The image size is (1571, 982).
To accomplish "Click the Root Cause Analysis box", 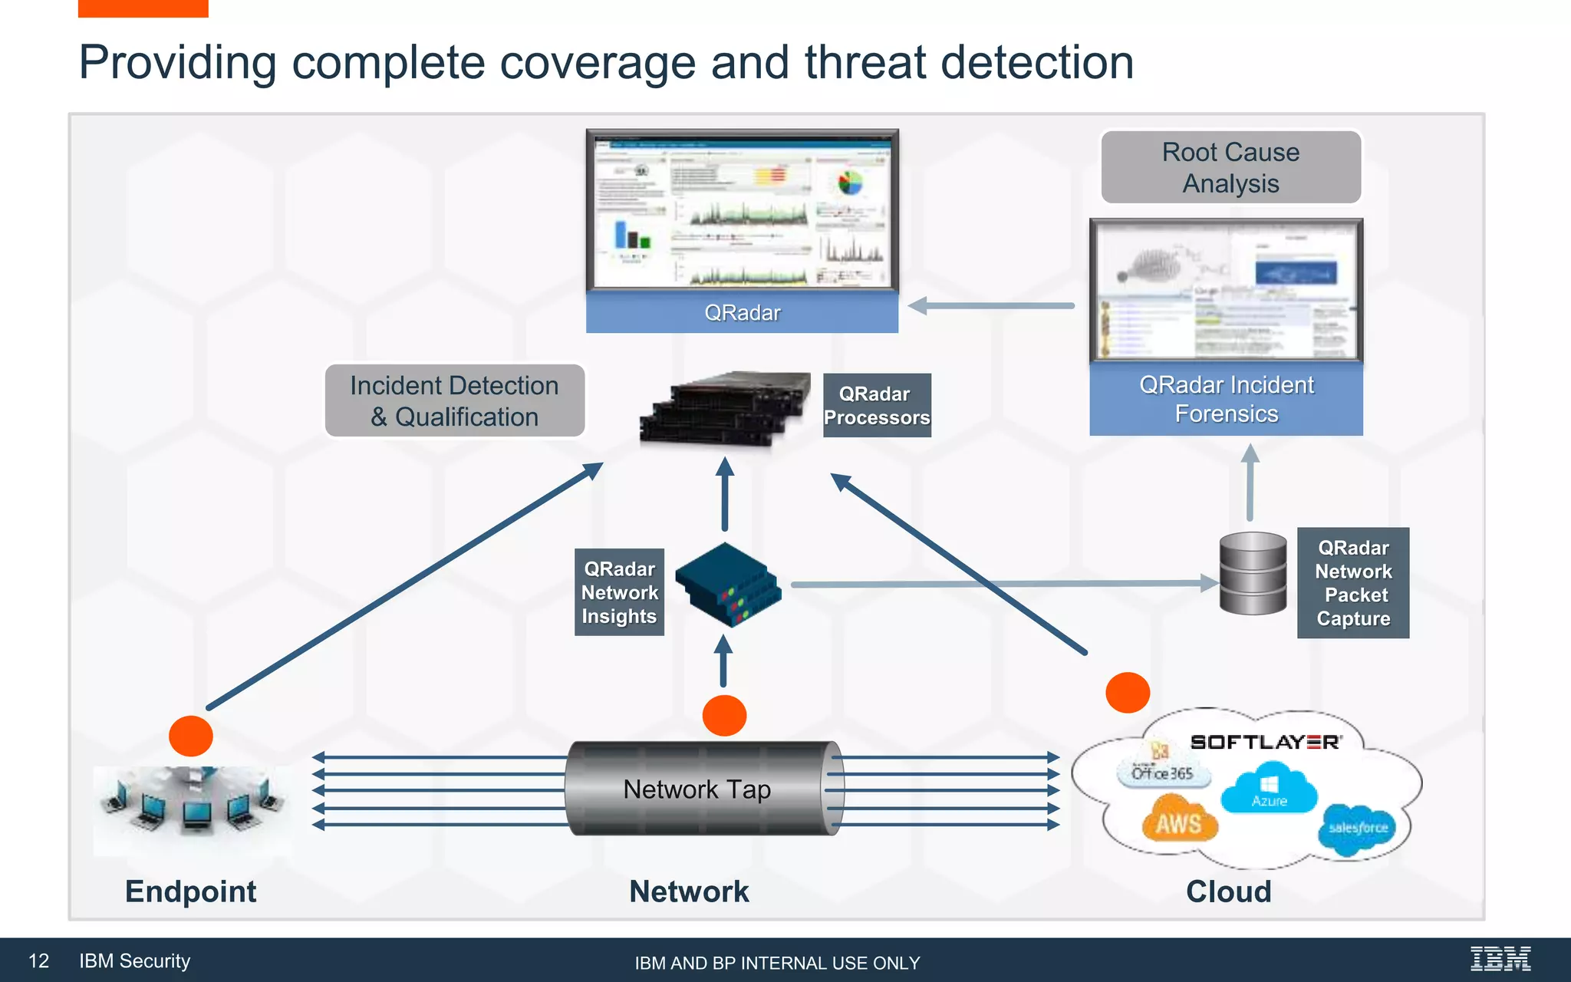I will (x=1230, y=167).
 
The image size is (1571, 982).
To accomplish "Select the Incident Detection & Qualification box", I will (x=454, y=400).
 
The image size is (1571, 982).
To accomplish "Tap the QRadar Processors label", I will (x=876, y=405).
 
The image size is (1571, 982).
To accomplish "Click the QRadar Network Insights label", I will (x=619, y=592).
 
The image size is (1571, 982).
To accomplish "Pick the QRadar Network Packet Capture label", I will (x=1352, y=582).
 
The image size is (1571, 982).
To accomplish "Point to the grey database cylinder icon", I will (x=1253, y=573).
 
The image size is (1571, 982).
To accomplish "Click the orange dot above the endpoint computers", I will (x=190, y=736).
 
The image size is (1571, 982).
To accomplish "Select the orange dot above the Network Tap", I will (x=724, y=715).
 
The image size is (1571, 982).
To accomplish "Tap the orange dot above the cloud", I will (x=1127, y=692).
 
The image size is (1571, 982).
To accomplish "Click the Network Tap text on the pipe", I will (x=697, y=789).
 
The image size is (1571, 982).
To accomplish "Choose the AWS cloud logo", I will (x=1179, y=822).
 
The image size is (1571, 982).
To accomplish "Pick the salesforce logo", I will (x=1358, y=829).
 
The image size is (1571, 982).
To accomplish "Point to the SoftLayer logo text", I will (x=1265, y=742).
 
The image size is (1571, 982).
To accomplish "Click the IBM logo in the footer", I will (x=1500, y=959).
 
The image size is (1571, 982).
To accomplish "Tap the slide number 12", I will (x=38, y=961).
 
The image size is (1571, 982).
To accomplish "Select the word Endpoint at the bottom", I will (x=190, y=891).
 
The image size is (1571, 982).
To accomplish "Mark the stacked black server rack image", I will (x=725, y=409).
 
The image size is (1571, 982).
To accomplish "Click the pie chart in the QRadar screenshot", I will (x=850, y=183).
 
